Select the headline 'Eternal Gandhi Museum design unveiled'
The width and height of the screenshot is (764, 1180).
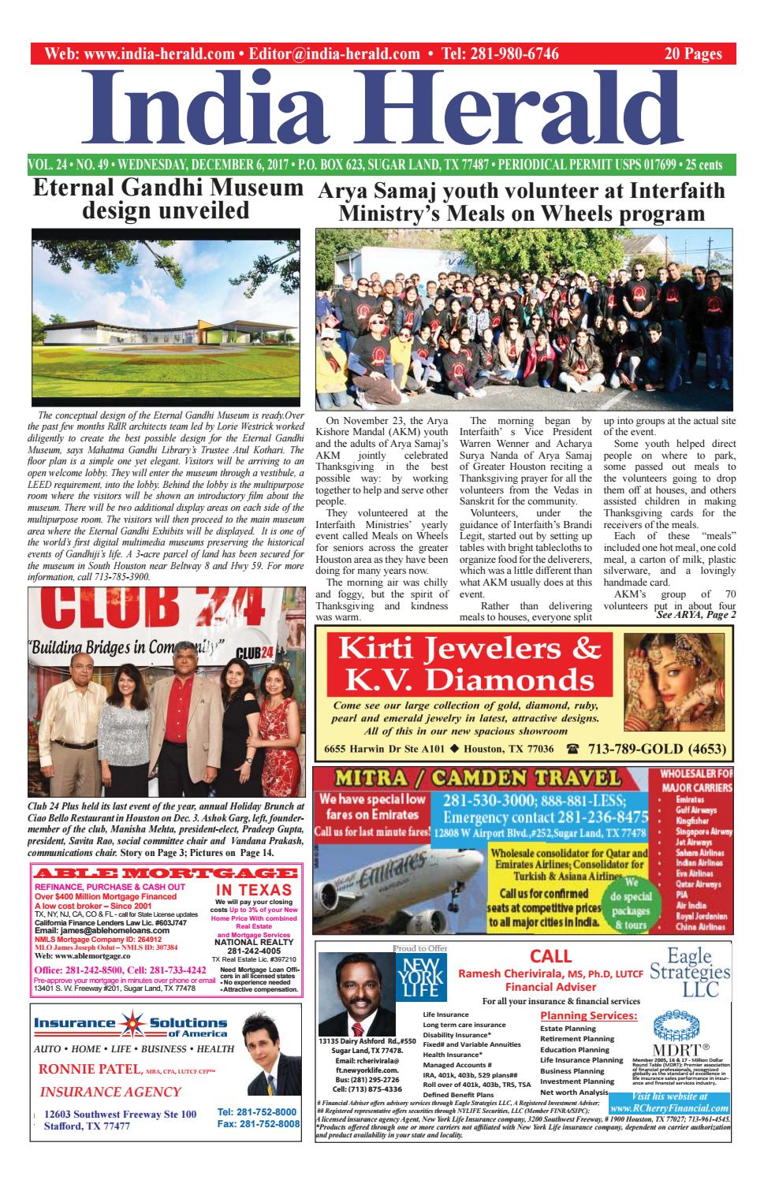coord(167,200)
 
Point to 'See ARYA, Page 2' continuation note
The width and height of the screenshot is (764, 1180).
coord(695,615)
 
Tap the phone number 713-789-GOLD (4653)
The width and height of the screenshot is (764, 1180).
coord(650,748)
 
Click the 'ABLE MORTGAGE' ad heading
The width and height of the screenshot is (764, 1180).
coord(165,873)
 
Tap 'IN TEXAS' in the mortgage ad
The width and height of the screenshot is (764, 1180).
coord(254,890)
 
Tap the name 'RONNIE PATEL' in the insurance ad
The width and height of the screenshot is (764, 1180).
coord(89,1070)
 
